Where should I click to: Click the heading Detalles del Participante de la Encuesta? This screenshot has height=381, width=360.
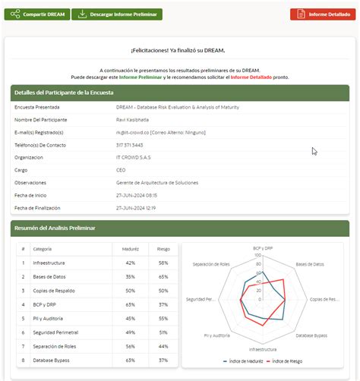pyautogui.click(x=64, y=93)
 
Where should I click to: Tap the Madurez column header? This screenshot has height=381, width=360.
pyautogui.click(x=130, y=248)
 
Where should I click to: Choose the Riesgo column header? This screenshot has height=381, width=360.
pyautogui.click(x=163, y=248)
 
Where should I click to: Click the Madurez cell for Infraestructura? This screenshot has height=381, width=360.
pyautogui.click(x=130, y=263)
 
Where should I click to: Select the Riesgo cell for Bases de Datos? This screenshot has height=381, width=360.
pyautogui.click(x=163, y=276)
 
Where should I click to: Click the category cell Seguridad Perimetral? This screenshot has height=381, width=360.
pyautogui.click(x=55, y=332)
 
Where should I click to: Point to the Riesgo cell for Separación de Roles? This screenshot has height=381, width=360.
pyautogui.click(x=163, y=345)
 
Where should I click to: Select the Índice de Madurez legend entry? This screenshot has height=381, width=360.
pyautogui.click(x=245, y=361)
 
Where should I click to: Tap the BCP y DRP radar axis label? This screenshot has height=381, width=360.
pyautogui.click(x=264, y=247)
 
